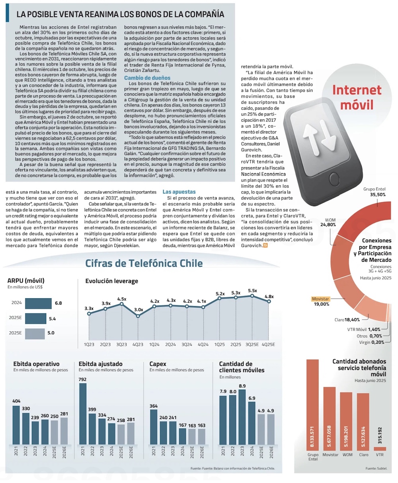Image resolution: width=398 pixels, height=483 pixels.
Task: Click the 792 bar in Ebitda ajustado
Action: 83,413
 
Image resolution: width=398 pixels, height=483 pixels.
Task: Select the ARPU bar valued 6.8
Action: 38,303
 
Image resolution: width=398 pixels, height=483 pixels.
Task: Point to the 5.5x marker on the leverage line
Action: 252,296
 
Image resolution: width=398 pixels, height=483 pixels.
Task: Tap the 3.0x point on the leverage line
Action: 138,316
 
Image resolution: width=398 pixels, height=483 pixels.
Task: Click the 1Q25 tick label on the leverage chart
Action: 219,344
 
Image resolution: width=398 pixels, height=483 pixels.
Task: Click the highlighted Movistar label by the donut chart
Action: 320,299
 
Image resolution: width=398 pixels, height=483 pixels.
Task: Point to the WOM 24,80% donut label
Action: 330,222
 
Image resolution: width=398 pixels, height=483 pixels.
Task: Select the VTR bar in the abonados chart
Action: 380,448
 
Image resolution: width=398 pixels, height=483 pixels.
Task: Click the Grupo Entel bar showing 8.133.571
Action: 313,405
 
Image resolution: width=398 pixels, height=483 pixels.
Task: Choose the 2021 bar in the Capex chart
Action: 154,426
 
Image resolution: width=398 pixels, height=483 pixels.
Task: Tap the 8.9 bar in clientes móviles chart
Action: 242,417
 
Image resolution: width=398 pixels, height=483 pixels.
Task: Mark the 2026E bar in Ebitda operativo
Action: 64,431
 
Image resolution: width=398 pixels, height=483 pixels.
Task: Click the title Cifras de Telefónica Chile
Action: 144,263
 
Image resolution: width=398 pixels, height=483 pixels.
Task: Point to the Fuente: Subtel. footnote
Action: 376,469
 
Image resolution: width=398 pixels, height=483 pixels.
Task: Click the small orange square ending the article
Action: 265,246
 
